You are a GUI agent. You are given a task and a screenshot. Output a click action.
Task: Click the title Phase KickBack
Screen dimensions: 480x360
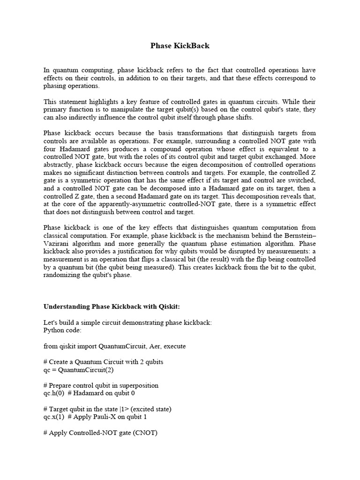pyautogui.click(x=180, y=46)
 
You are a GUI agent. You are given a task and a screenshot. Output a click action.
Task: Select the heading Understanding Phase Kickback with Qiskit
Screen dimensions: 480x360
pyautogui.click(x=112, y=307)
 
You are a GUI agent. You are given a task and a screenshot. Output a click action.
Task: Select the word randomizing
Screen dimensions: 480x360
pyautogui.click(x=62, y=275)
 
